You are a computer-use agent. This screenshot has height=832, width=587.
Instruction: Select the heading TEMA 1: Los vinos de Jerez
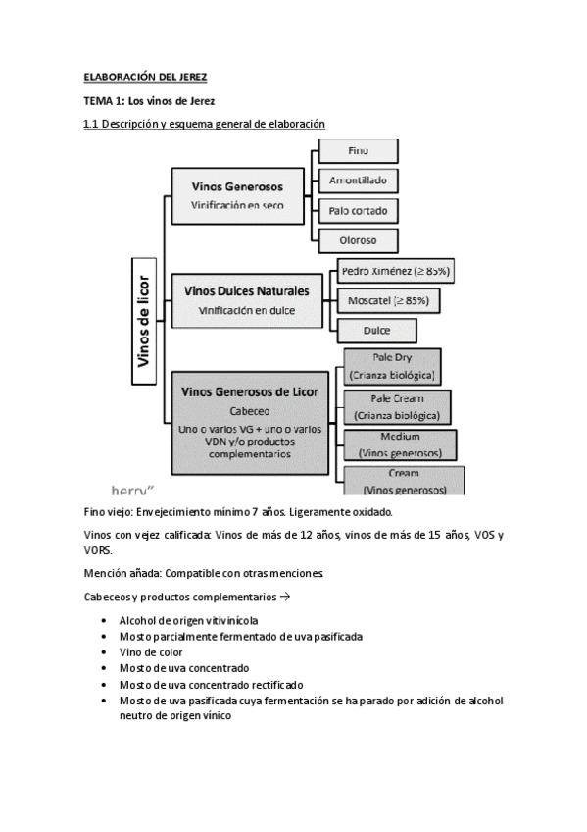148,101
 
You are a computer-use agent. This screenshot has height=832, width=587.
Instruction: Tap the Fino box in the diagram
359,151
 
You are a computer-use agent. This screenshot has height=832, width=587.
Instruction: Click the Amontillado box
359,180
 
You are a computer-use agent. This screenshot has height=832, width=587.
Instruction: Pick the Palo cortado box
359,209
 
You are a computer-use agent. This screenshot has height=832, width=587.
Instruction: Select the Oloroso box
359,238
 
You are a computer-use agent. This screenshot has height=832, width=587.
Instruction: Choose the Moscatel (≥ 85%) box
388,299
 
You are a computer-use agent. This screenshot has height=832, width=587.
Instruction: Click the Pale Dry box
392,366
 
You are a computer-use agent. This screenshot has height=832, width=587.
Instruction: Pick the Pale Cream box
397,406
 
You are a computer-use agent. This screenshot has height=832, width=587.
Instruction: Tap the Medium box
399,443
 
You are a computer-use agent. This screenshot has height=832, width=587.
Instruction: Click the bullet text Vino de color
151,651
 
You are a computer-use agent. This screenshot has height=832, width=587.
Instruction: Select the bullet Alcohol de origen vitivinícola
189,620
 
